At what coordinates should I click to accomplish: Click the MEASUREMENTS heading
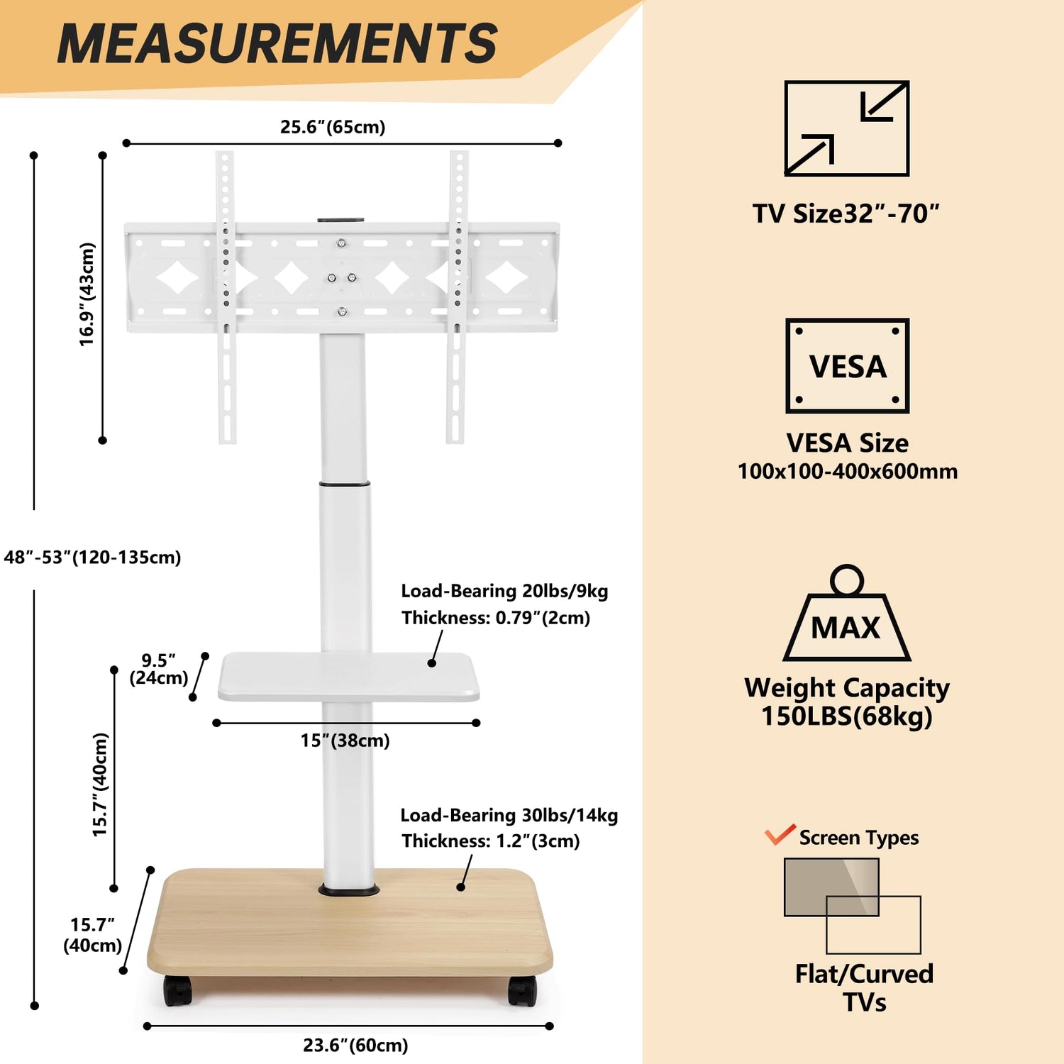(277, 44)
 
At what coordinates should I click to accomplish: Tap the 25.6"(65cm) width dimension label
(333, 127)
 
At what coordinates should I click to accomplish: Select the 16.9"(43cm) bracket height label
(87, 294)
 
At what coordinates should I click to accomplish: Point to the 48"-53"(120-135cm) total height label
(92, 558)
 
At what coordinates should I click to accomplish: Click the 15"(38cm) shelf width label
(345, 741)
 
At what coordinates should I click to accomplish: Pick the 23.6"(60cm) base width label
(355, 1046)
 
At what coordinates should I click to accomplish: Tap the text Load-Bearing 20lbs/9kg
(504, 591)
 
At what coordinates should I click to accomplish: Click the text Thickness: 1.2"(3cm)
(491, 841)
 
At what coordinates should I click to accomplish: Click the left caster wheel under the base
(177, 990)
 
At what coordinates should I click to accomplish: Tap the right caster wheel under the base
(522, 990)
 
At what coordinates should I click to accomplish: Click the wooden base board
(349, 929)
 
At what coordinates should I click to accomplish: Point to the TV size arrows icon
(846, 128)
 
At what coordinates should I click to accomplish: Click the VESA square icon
(847, 366)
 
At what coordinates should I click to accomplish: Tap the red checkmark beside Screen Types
(780, 834)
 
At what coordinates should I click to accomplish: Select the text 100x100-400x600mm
(848, 472)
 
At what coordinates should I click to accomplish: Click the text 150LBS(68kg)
(846, 716)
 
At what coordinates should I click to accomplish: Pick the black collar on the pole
(344, 484)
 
